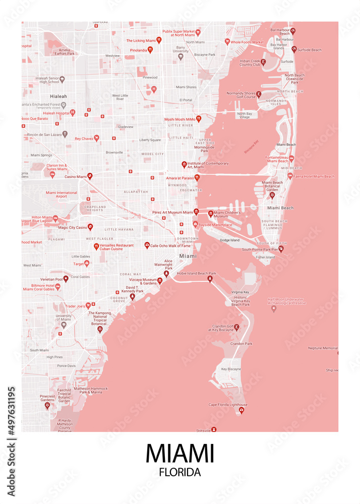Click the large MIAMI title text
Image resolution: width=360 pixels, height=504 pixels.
click(179, 453)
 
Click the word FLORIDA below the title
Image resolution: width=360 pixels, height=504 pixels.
click(179, 473)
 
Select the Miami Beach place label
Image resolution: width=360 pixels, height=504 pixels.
click(280, 208)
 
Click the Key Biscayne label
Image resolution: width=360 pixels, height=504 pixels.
click(231, 369)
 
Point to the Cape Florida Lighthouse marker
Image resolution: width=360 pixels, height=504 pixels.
click(241, 411)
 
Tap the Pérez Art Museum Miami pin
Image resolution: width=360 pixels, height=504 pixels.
click(197, 212)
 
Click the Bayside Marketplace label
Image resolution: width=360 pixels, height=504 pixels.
click(215, 225)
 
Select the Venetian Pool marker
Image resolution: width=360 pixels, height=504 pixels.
click(66, 278)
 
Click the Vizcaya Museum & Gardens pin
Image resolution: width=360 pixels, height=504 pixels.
click(160, 280)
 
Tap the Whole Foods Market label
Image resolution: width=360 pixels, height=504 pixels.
click(247, 42)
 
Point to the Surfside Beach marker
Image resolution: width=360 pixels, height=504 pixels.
click(294, 49)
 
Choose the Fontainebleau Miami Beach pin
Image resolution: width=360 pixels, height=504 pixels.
click(291, 158)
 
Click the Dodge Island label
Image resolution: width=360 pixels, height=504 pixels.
click(229, 240)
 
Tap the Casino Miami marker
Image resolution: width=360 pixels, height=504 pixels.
click(90, 176)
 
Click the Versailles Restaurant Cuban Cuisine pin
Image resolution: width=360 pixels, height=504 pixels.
click(96, 246)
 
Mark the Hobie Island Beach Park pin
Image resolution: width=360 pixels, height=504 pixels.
click(210, 279)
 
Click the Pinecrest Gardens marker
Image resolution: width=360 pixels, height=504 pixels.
click(47, 405)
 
